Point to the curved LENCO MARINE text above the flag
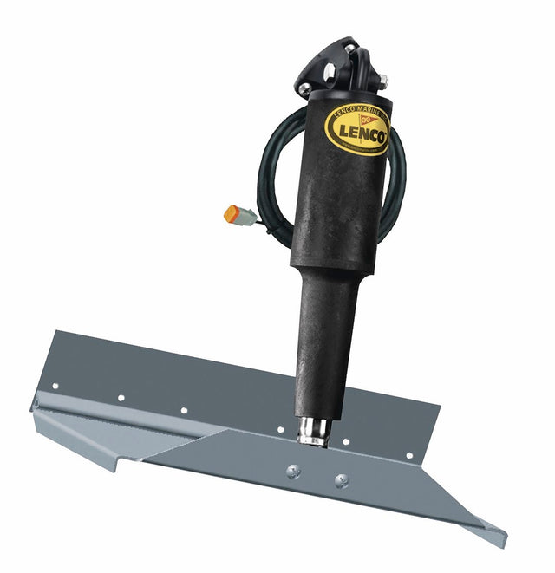click(x=356, y=111)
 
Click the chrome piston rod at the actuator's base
click(x=314, y=431)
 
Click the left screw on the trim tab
click(x=292, y=471)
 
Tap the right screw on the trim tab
click(x=341, y=480)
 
